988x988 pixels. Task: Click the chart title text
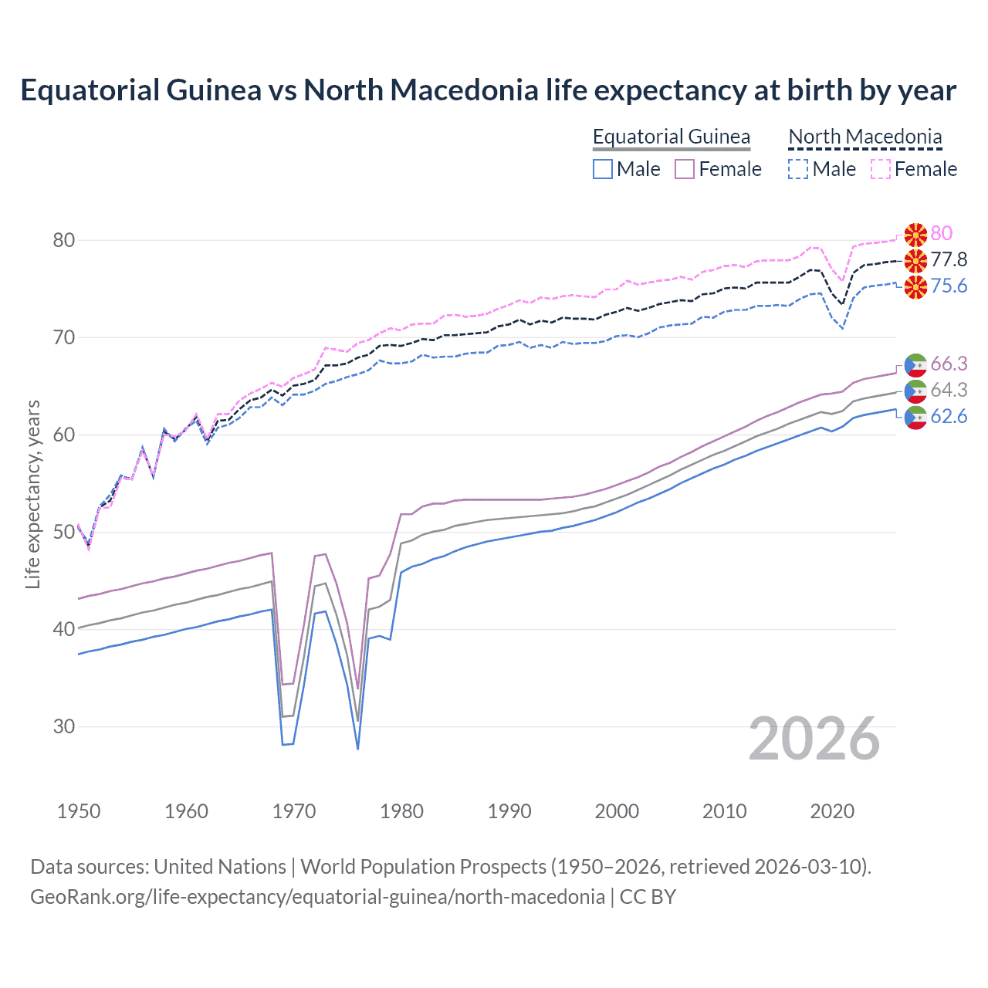[x=488, y=90]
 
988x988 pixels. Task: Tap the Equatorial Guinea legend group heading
[x=671, y=137]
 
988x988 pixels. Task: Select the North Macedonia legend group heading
[x=864, y=137]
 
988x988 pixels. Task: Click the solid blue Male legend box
[x=603, y=169]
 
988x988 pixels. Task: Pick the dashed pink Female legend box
[x=881, y=169]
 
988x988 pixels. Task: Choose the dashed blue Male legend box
[x=798, y=169]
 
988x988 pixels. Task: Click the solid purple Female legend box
[x=685, y=169]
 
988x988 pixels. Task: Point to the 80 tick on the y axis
[x=64, y=240]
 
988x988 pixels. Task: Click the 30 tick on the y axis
[x=64, y=726]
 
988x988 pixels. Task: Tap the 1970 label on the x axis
[x=294, y=811]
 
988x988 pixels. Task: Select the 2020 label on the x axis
[x=832, y=811]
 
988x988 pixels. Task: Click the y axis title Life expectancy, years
[x=32, y=494]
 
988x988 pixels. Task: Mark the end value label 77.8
[x=949, y=259]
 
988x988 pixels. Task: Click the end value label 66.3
[x=949, y=364]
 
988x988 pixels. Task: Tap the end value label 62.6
[x=949, y=417]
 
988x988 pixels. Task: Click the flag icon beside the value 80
[x=915, y=234]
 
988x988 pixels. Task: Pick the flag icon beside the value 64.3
[x=915, y=391]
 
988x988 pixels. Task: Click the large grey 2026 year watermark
[x=814, y=739]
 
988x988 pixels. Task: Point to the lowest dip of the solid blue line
[x=357, y=748]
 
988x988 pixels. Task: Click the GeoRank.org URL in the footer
[x=317, y=897]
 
